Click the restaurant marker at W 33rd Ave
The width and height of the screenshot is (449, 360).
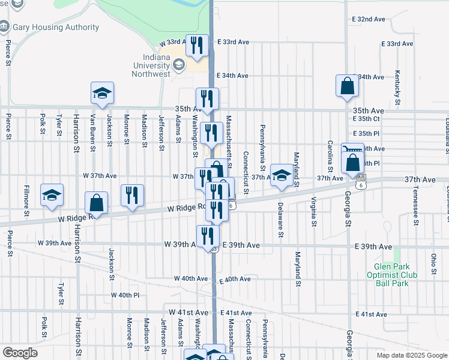[x=196, y=46]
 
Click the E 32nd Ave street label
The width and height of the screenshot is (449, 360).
[x=368, y=19]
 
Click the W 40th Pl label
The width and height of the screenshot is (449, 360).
[x=125, y=295]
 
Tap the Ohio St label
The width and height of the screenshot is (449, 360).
[x=433, y=264]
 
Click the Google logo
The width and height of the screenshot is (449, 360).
[x=20, y=353]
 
